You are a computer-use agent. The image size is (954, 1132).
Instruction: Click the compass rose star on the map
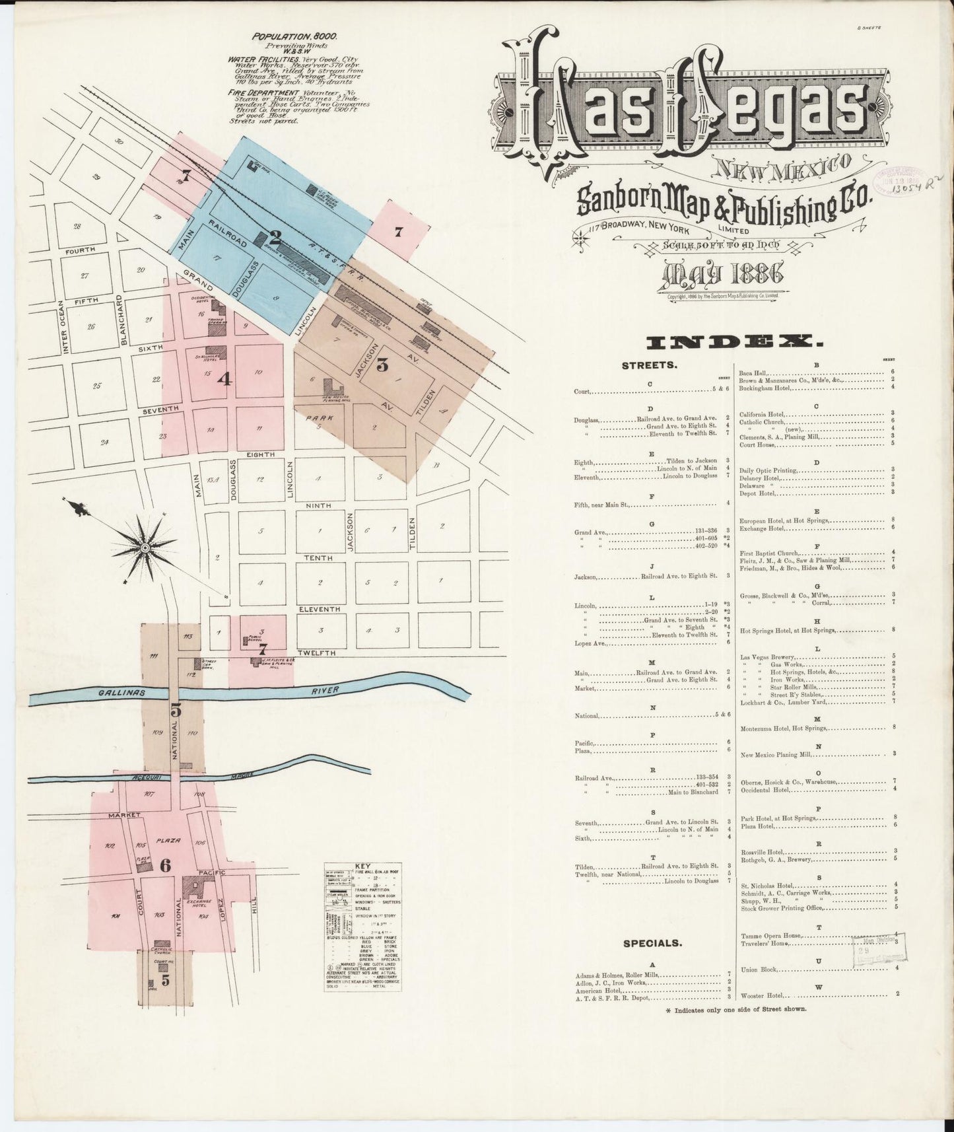pyautogui.click(x=143, y=547)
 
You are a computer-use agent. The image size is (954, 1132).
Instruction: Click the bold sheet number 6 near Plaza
pyautogui.click(x=165, y=867)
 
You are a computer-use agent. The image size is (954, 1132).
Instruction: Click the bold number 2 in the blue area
pyautogui.click(x=275, y=236)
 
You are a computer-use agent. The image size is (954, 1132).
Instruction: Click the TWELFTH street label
pyautogui.click(x=316, y=653)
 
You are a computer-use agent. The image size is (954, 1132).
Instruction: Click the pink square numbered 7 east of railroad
pyautogui.click(x=397, y=232)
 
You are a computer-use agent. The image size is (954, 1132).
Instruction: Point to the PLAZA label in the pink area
pyautogui.click(x=164, y=841)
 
